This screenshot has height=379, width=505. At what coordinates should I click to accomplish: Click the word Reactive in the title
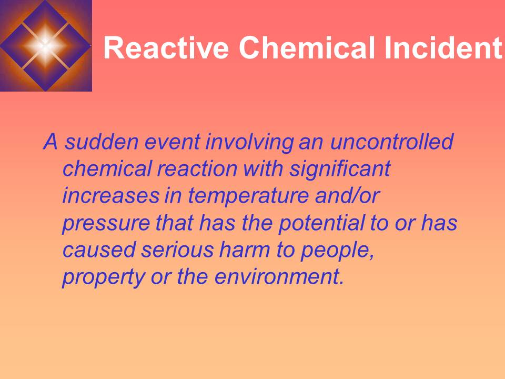coord(166,48)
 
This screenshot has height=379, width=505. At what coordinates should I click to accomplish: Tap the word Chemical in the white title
coord(302,48)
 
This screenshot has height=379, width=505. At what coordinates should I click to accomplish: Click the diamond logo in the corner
coord(46,45)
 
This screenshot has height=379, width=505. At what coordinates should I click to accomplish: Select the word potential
coord(318,224)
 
